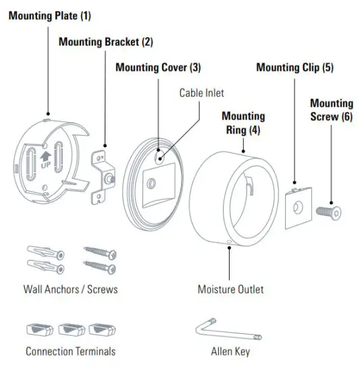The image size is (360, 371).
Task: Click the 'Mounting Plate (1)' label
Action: (49, 15)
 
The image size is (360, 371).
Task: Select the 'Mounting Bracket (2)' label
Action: (106, 41)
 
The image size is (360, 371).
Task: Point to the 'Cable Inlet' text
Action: (201, 92)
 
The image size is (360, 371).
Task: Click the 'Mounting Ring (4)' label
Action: (243, 122)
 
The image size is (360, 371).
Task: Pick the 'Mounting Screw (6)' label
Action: (332, 109)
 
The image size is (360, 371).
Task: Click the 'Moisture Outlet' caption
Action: (230, 290)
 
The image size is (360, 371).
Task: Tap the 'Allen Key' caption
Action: (230, 351)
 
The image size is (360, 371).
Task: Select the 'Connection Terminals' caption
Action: (70, 351)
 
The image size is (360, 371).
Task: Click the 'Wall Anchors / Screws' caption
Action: (70, 290)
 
